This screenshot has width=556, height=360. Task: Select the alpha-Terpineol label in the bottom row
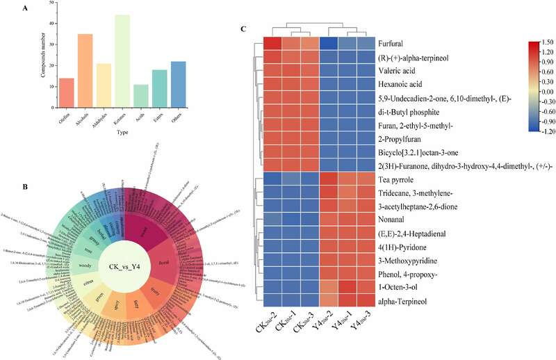pyautogui.click(x=404, y=301)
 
